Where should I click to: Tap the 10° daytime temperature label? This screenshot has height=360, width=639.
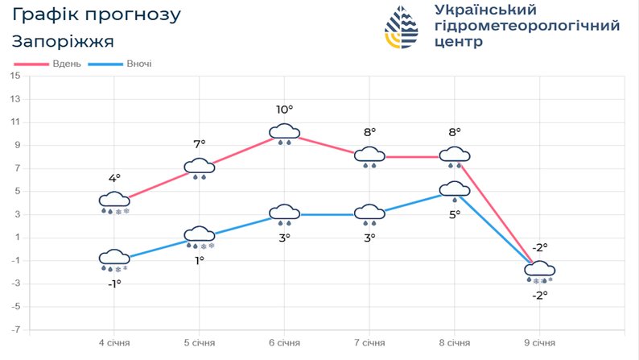tap(285, 110)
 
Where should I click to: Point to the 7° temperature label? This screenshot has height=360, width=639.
tap(200, 144)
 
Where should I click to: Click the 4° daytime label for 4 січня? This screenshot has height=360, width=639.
tap(114, 179)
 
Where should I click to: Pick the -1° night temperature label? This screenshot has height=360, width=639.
tap(114, 283)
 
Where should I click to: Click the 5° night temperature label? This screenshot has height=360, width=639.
tap(455, 213)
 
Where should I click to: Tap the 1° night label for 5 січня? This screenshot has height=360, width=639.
tap(200, 260)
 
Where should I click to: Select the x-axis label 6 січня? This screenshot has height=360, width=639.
tap(285, 342)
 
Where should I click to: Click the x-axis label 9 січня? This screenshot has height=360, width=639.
tap(540, 342)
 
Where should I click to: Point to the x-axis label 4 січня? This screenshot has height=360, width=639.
tap(114, 342)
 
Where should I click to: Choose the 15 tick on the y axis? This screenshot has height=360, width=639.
tap(15, 77)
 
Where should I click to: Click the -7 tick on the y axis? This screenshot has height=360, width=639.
tap(15, 330)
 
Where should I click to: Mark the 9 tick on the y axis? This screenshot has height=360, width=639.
tap(15, 146)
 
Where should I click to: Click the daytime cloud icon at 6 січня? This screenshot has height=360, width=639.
tap(285, 132)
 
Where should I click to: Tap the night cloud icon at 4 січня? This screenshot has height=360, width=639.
tap(114, 259)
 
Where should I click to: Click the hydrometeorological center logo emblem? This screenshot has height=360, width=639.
tap(402, 29)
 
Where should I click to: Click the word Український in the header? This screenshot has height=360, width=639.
tap(484, 10)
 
